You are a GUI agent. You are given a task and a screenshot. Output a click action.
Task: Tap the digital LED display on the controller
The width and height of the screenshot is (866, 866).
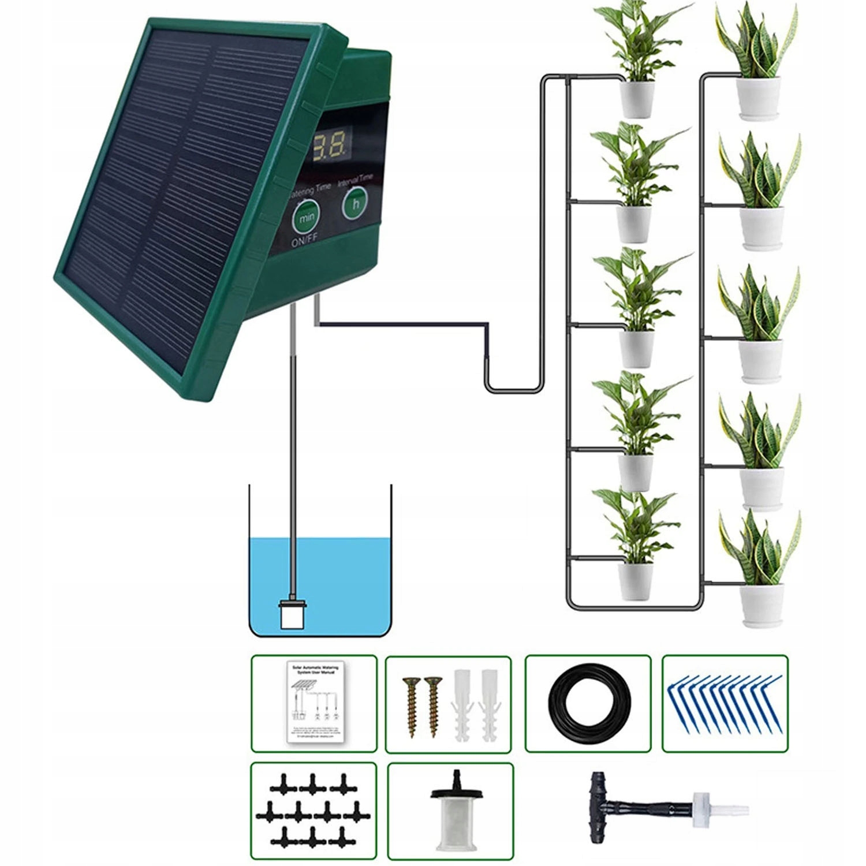coord(330,145)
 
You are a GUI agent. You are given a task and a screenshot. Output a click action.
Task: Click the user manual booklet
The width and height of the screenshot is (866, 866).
coord(314,704)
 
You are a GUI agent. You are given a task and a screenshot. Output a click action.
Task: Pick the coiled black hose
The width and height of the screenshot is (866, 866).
coord(589,704)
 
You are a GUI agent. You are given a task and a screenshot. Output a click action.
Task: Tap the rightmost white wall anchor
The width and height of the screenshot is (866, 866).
coord(490,706)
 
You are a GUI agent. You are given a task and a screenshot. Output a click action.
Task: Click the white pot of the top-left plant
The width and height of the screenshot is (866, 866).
coord(637,99)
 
